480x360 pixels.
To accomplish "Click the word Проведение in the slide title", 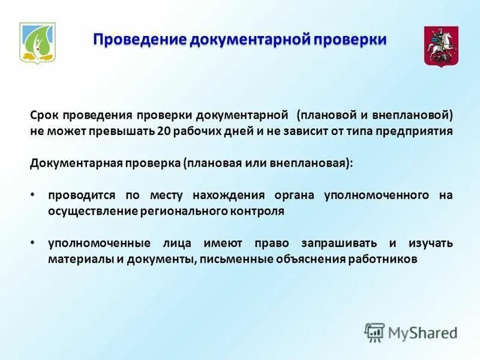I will [x=140, y=40].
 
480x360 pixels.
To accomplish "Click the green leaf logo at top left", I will [x=37, y=42].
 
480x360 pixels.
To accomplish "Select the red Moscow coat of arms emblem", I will [x=437, y=46].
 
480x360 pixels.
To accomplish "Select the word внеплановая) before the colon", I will [x=316, y=164].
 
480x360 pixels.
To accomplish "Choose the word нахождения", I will [x=229, y=196].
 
